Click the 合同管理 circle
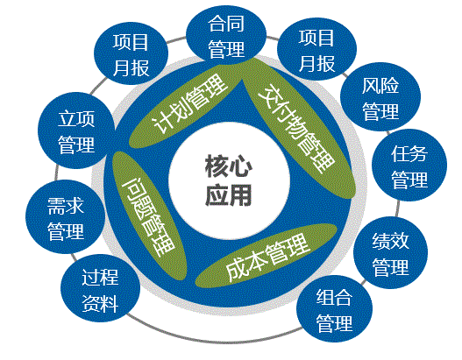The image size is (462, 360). [x=226, y=36]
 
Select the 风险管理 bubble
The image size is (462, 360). [x=380, y=97]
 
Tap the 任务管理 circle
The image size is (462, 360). [x=409, y=166]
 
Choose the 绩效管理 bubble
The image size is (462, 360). [x=390, y=253]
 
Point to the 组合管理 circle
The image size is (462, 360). [x=334, y=309]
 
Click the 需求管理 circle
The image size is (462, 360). [x=66, y=217]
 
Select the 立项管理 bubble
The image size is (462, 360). [x=76, y=131]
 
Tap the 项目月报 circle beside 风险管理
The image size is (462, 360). [x=316, y=49]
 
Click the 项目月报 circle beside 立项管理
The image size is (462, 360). [x=131, y=53]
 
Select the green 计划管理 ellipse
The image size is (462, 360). [x=186, y=104]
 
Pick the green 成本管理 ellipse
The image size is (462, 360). [x=267, y=256]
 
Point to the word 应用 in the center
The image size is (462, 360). [x=228, y=195]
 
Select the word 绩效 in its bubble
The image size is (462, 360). [x=390, y=241]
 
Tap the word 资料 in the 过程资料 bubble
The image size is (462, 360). [x=100, y=303]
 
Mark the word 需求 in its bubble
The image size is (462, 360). [x=66, y=206]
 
